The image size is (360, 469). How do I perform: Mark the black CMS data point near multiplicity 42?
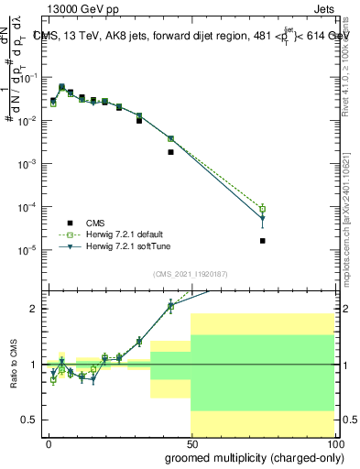coord(171,152)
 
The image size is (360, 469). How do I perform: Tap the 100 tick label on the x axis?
coord(334,443)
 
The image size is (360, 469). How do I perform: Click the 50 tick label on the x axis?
coord(191,443)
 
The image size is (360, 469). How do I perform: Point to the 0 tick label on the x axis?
coord(48,443)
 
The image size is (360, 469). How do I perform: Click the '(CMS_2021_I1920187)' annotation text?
coord(190,273)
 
